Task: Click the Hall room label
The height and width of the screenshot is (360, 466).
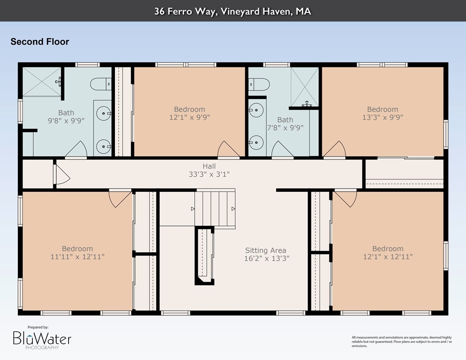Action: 209,166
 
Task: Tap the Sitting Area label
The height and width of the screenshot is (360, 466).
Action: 266,250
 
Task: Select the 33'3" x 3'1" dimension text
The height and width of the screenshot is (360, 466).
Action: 209,174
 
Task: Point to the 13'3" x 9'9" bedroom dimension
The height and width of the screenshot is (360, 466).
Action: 383,117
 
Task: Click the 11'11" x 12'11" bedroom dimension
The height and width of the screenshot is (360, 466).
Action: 77,256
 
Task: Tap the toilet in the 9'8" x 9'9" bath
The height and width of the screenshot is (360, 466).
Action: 101,84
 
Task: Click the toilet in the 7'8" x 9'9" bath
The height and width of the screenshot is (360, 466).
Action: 259,84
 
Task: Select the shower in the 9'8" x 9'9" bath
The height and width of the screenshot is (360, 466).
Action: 42,82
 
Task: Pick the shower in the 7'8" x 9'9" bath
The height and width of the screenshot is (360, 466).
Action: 305,87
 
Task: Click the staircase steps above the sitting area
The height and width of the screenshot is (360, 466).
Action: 215,209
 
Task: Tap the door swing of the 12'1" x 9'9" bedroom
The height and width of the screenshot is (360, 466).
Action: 228,149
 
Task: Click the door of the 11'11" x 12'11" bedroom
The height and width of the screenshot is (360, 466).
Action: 120,199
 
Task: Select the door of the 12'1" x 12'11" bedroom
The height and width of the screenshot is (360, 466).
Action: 346,198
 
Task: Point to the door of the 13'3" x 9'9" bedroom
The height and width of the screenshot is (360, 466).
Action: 334,149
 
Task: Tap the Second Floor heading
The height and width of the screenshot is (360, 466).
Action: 40,42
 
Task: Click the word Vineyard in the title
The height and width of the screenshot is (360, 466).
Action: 239,11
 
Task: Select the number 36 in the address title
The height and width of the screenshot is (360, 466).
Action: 159,11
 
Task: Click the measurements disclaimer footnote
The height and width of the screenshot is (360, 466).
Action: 402,342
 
